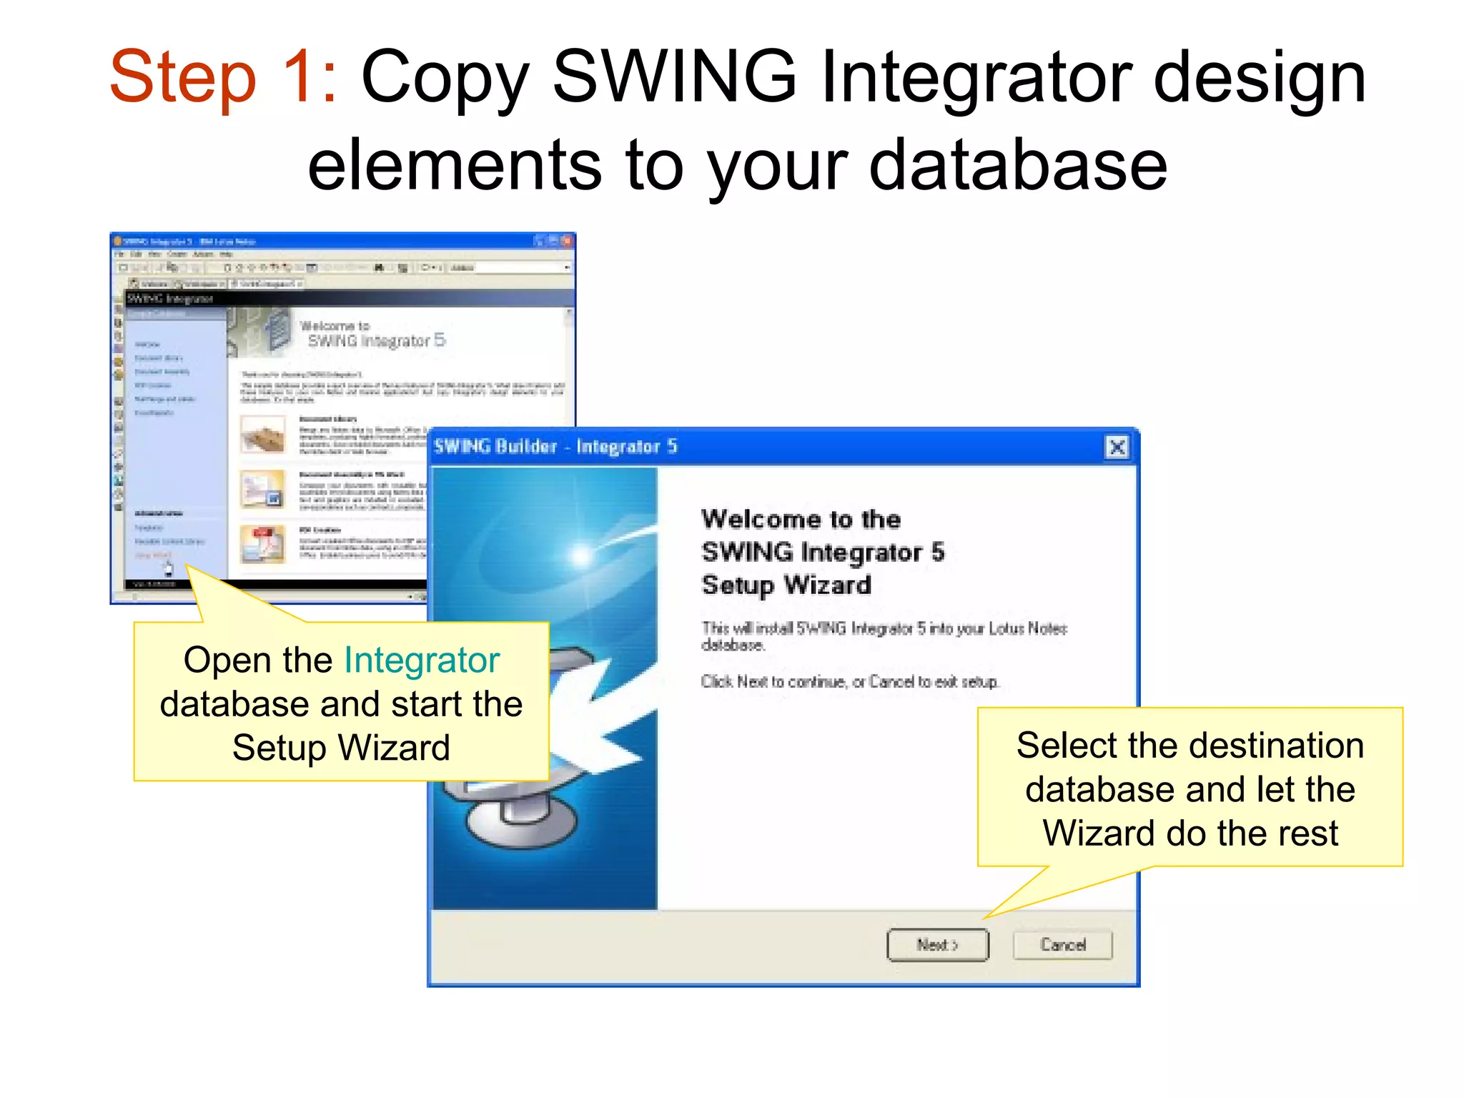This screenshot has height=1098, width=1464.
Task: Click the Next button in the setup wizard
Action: [x=937, y=945]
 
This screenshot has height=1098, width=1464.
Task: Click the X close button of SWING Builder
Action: [x=1117, y=447]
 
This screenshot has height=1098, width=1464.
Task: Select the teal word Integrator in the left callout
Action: [x=422, y=660]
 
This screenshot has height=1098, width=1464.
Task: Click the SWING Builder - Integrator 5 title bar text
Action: [x=555, y=447]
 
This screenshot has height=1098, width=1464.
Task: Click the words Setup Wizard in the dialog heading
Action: [x=786, y=585]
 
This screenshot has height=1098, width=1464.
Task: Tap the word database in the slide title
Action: [x=1018, y=166]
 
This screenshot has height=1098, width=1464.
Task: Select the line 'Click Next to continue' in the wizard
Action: [x=849, y=682]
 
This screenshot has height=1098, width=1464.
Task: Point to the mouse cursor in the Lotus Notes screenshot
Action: [x=169, y=570]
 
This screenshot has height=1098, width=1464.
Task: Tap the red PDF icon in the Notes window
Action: [x=263, y=543]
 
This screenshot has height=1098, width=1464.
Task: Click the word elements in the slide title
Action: [x=454, y=166]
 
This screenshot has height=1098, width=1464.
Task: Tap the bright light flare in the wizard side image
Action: [x=581, y=555]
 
